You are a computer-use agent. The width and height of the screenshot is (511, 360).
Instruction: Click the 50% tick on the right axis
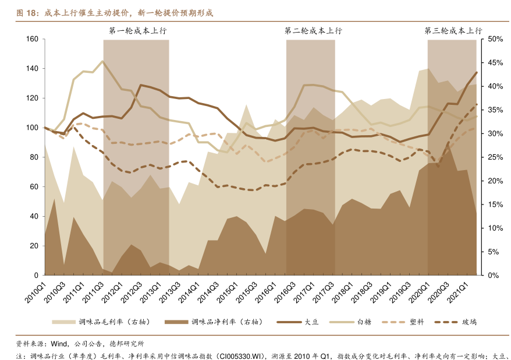tap(495, 39)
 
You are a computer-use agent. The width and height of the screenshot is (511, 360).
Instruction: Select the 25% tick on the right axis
tap(495, 157)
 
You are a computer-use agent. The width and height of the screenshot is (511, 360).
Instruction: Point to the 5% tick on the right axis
tap(494, 252)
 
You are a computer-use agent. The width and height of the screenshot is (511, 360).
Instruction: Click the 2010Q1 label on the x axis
tap(36, 291)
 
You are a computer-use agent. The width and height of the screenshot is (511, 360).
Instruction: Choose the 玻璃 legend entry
tap(469, 322)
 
